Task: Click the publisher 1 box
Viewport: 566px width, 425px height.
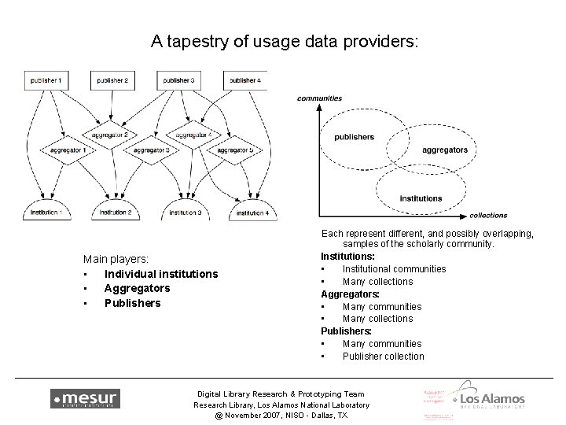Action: click(45, 80)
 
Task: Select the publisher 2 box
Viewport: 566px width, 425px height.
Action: click(112, 80)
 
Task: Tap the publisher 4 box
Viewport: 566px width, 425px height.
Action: click(245, 80)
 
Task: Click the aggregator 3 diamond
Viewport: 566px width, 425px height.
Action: click(152, 150)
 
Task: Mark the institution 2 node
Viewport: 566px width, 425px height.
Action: click(114, 213)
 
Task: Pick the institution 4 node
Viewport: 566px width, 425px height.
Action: click(252, 213)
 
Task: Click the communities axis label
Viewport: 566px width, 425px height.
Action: click(319, 98)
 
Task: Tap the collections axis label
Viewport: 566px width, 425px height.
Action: click(487, 216)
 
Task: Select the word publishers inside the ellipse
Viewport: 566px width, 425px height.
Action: click(354, 137)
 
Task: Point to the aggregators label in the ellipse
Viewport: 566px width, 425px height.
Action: click(444, 150)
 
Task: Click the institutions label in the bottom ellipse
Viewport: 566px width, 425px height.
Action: click(421, 198)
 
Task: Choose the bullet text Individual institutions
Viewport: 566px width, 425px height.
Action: click(161, 274)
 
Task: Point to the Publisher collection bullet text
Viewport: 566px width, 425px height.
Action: click(383, 357)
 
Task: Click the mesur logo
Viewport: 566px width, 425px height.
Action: click(85, 398)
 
